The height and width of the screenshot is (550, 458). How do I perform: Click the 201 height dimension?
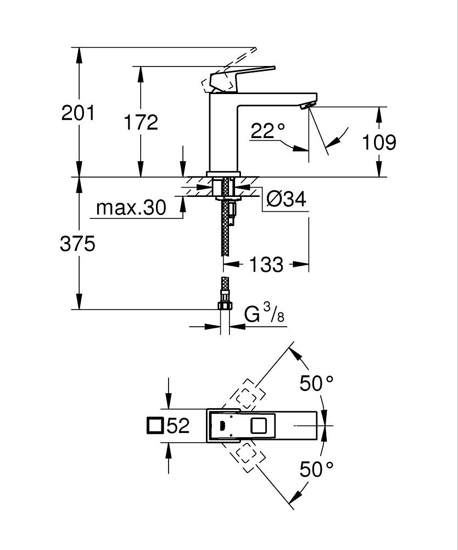coord(78,113)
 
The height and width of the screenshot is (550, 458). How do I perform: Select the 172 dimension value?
coord(141,123)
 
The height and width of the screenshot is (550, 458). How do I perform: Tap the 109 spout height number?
coord(379,142)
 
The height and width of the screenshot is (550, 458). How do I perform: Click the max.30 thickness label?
coord(131,208)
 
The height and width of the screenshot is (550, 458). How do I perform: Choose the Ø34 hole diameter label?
coord(286,199)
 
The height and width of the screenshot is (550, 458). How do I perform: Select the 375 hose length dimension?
coord(77,244)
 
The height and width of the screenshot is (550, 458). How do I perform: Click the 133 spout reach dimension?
coord(266,265)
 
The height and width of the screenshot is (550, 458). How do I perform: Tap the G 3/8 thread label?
coord(264,315)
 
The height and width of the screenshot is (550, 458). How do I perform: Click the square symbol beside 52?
coord(156,425)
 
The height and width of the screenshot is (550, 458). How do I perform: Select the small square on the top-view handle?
coord(258,426)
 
